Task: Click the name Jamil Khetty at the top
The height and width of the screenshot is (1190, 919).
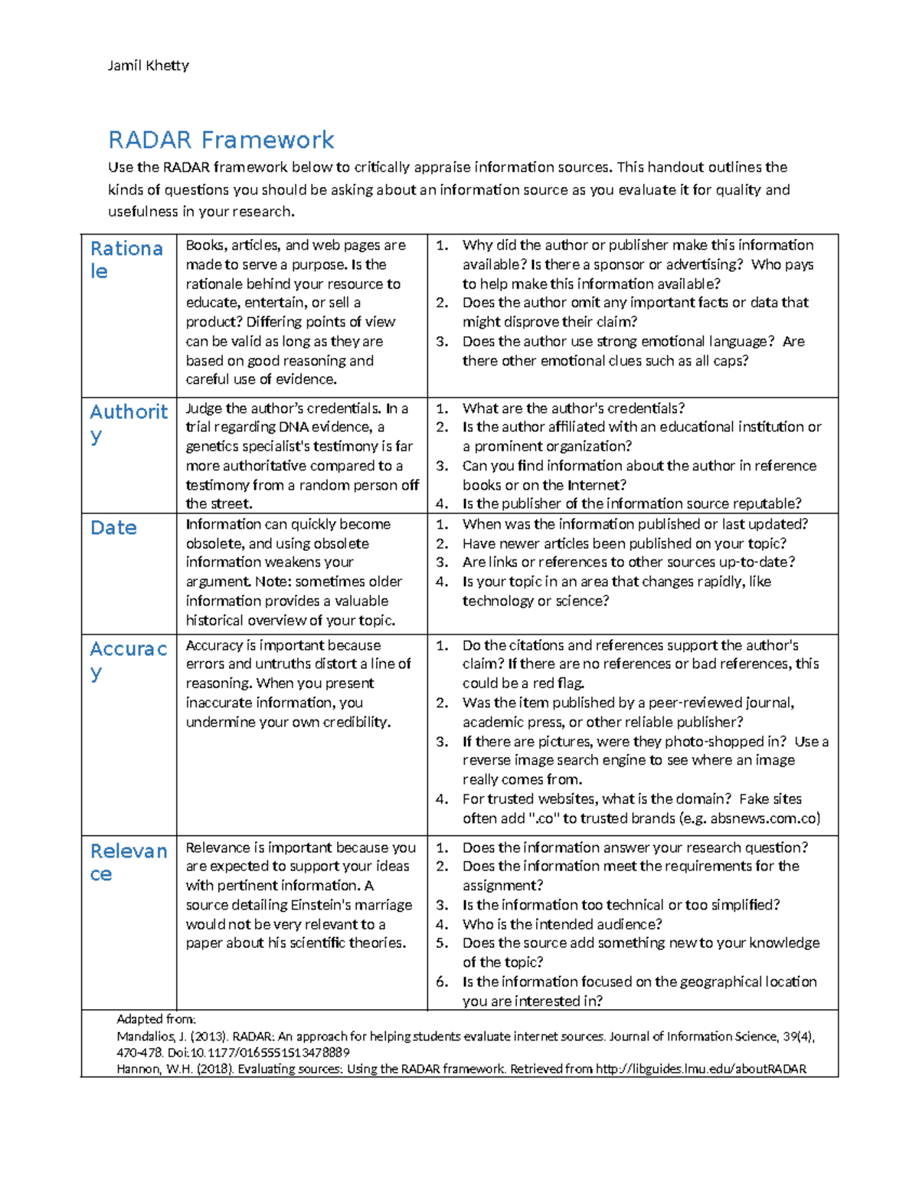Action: click(x=148, y=66)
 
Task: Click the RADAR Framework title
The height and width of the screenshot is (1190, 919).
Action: click(x=221, y=140)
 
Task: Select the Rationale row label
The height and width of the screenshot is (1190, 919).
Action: click(x=126, y=260)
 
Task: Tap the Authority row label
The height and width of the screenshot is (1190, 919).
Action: click(x=128, y=422)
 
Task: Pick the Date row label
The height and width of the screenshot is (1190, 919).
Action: click(x=113, y=528)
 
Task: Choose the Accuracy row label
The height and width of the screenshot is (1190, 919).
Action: click(x=128, y=659)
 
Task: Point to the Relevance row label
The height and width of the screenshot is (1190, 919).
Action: click(x=128, y=861)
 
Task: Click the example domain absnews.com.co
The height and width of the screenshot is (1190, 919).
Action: click(x=764, y=818)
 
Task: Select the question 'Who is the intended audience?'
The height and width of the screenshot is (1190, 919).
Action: click(x=562, y=924)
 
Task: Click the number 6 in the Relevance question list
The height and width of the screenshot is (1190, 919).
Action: click(x=441, y=982)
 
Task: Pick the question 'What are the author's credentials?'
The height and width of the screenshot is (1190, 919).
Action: click(x=574, y=408)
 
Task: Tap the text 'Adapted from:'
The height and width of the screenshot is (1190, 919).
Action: click(x=156, y=1019)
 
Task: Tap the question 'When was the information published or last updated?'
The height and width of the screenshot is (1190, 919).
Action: click(x=635, y=525)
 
